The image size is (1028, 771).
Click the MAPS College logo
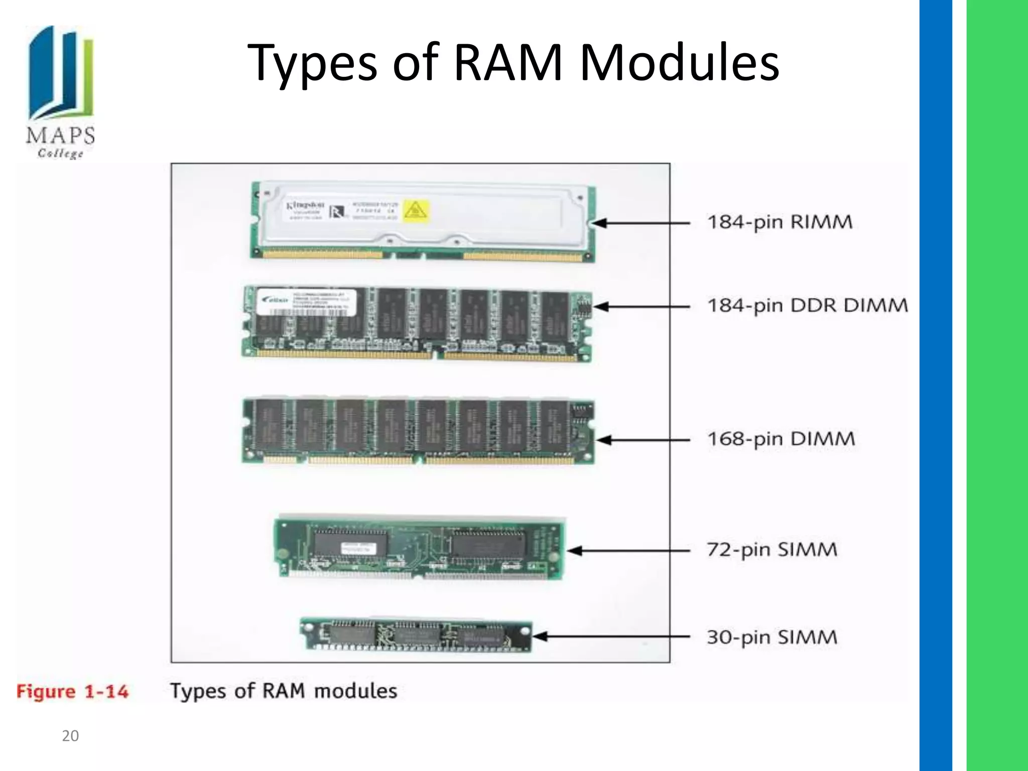60,93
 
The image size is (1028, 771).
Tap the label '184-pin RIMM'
780,222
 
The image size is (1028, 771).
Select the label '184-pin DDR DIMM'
807,305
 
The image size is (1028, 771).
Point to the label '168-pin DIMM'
781,439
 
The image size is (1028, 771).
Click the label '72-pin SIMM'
772,550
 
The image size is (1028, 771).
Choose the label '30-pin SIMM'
772,637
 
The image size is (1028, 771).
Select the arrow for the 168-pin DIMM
642,440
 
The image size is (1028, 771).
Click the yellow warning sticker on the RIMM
416,211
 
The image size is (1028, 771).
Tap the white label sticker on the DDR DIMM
307,302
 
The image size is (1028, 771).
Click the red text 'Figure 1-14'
72,692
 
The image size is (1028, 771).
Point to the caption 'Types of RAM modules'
284,691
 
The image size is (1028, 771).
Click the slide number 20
70,736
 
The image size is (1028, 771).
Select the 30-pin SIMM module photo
416,635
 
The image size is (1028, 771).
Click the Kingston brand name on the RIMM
305,206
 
